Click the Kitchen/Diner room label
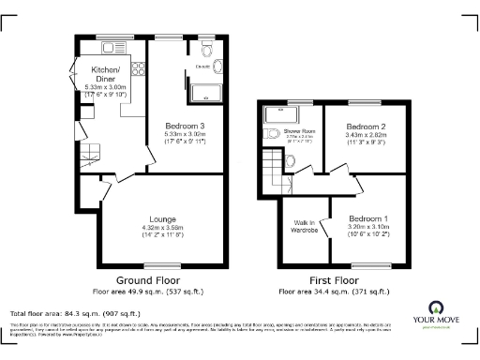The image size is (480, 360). (x=104, y=74)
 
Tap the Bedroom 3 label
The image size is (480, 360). (x=185, y=126)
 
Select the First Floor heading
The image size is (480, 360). (x=335, y=280)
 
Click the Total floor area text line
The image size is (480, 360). (x=75, y=313)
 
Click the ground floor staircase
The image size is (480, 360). (x=89, y=149)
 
